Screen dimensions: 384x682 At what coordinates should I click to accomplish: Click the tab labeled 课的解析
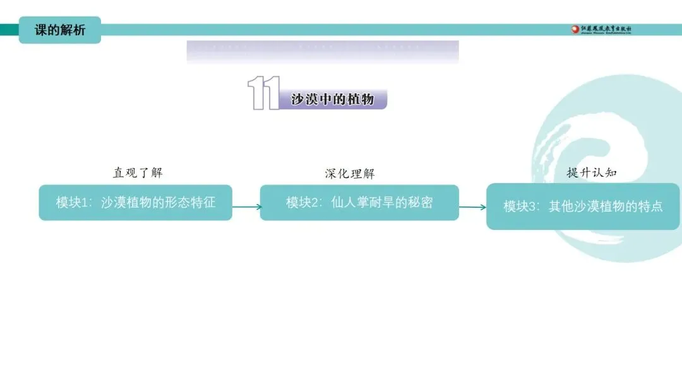(x=59, y=30)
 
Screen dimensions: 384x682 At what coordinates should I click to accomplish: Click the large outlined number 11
(x=263, y=94)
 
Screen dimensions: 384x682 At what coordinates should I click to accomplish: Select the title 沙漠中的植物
(x=332, y=99)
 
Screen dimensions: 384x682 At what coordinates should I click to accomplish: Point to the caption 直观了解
(x=138, y=172)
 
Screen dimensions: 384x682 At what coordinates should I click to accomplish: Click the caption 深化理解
(x=349, y=174)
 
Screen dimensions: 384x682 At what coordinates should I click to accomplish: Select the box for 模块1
(x=135, y=203)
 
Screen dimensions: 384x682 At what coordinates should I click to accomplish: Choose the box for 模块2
(x=359, y=203)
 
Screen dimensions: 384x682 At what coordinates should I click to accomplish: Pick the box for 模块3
(x=583, y=207)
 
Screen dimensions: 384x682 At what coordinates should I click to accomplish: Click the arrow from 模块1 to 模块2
(x=246, y=207)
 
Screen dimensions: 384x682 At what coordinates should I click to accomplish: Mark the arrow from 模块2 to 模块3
(x=472, y=207)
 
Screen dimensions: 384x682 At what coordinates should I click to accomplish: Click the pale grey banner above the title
(x=322, y=52)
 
